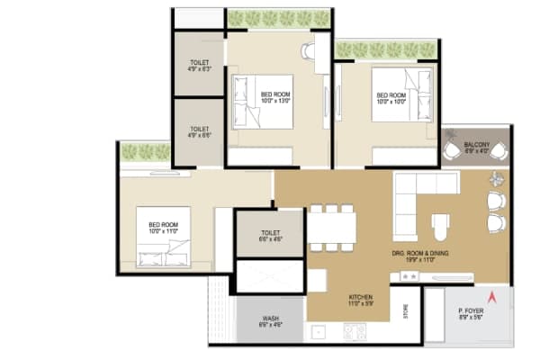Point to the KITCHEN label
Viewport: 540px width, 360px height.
pos(361,301)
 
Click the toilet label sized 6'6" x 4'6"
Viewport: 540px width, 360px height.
pos(269,236)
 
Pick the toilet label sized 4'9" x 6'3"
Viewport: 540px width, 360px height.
pos(199,65)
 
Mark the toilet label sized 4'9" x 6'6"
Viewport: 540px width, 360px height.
pos(199,131)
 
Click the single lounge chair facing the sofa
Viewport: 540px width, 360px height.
pos(440,221)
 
